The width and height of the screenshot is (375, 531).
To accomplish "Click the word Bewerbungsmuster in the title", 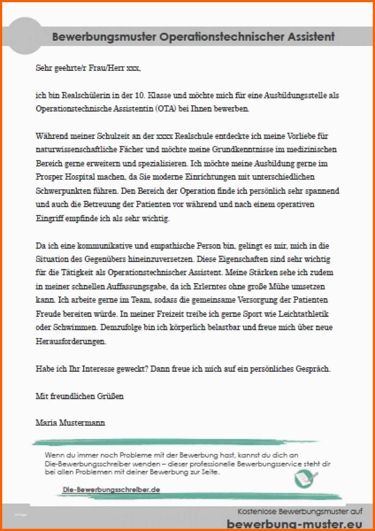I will (104, 37).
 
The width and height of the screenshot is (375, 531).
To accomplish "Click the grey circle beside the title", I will (25, 36).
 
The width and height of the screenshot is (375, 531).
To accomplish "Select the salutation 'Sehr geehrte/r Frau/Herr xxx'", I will (88, 68).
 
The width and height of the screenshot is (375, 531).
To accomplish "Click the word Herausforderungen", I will (71, 342).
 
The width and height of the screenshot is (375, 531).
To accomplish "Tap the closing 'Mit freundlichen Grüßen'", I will (80, 396).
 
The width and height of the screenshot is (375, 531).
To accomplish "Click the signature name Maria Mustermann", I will (70, 423).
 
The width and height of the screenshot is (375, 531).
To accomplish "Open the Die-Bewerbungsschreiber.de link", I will (111, 490).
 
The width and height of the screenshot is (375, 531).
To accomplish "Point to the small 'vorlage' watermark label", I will (21, 515).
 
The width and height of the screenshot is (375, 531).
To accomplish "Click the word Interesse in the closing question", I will (98, 369).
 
